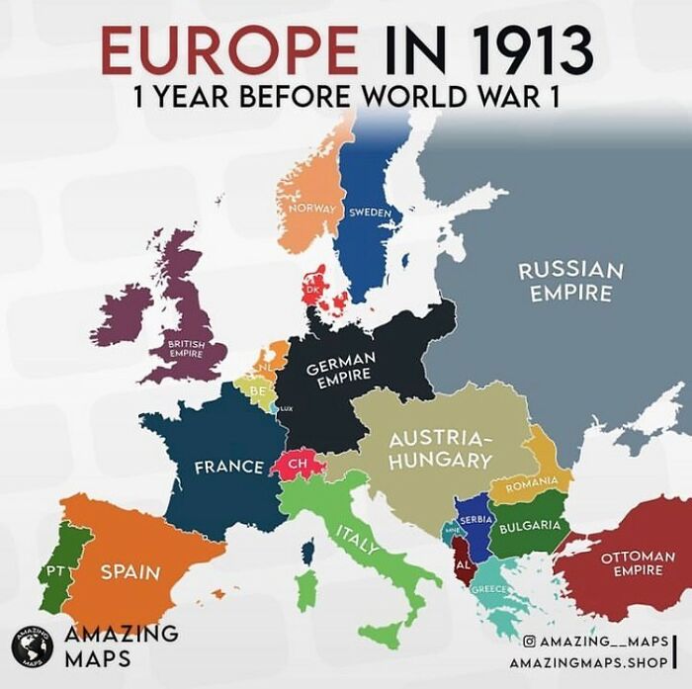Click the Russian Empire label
(x=570, y=281)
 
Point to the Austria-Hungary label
(x=440, y=449)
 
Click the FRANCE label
(x=228, y=467)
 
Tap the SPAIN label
(x=130, y=571)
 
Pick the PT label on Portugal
(x=54, y=571)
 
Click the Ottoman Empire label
(x=638, y=563)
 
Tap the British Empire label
(x=185, y=348)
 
